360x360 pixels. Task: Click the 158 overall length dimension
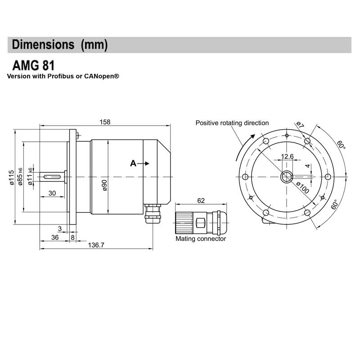point(104,122)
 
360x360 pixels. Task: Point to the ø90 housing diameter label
point(104,185)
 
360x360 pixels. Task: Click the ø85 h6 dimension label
point(20,176)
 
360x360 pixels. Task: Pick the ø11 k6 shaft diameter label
point(30,176)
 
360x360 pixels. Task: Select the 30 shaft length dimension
point(52,193)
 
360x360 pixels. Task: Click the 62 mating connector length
point(201,200)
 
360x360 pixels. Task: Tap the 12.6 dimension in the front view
point(287,157)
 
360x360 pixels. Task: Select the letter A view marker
point(133,163)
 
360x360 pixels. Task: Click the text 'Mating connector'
point(201,239)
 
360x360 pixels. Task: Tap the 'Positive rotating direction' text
point(232,123)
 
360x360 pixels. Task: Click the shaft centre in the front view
point(286,177)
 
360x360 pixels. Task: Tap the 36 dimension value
point(55,237)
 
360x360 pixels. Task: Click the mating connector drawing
point(201,222)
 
